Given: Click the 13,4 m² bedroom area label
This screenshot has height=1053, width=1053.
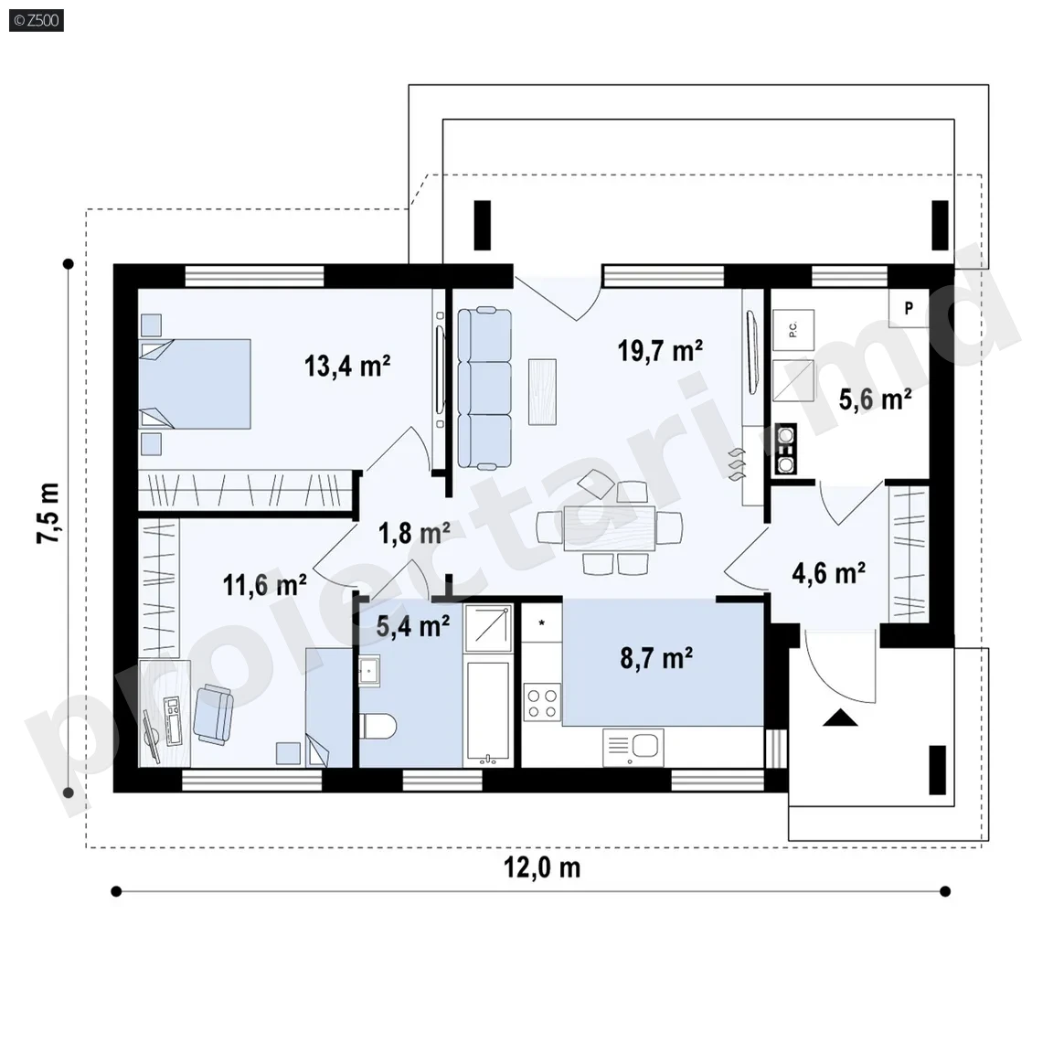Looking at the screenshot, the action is tap(347, 367).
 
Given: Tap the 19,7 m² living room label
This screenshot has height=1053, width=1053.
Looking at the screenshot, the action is tap(660, 351).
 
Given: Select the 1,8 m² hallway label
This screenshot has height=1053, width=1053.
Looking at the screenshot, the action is tap(414, 533).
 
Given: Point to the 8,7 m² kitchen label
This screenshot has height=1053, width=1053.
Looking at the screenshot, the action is tap(656, 658).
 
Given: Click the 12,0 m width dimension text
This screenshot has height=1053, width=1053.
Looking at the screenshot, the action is tap(542, 867).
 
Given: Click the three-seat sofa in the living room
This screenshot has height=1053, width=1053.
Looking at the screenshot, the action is tap(484, 388).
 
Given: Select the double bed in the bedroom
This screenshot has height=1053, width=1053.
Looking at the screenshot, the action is tap(195, 384).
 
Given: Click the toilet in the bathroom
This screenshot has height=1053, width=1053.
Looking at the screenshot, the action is tap(378, 726).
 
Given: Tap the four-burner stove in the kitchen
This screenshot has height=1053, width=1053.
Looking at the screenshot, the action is tap(542, 702).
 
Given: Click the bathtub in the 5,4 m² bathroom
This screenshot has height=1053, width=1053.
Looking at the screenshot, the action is tap(488, 714).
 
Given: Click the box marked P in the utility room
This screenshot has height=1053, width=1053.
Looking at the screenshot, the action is tap(909, 307).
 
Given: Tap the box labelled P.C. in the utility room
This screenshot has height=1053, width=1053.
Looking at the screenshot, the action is tap(793, 330).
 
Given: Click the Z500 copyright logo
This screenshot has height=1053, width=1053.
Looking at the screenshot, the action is tap(37, 20).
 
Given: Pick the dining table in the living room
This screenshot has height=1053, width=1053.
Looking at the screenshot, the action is tap(610, 527).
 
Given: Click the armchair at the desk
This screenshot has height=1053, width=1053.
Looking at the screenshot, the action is tap(214, 715).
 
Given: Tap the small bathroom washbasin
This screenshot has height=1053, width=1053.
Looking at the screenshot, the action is tap(368, 671).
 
